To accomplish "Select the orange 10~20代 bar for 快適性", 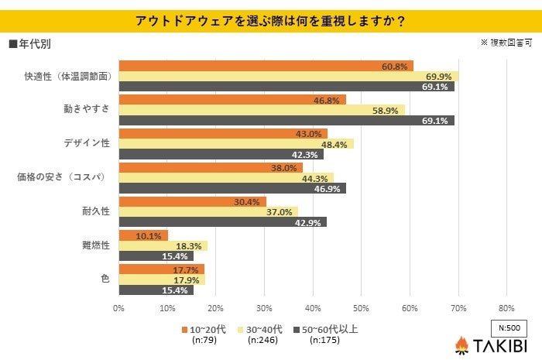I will [266, 66].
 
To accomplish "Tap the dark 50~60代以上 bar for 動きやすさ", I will [286, 122].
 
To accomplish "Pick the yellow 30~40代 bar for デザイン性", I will [236, 144].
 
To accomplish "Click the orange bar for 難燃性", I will [143, 235].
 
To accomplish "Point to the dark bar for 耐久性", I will [223, 222].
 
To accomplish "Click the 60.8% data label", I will [395, 66].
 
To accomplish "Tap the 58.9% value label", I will [386, 111].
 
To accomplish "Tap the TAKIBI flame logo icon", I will [461, 345].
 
